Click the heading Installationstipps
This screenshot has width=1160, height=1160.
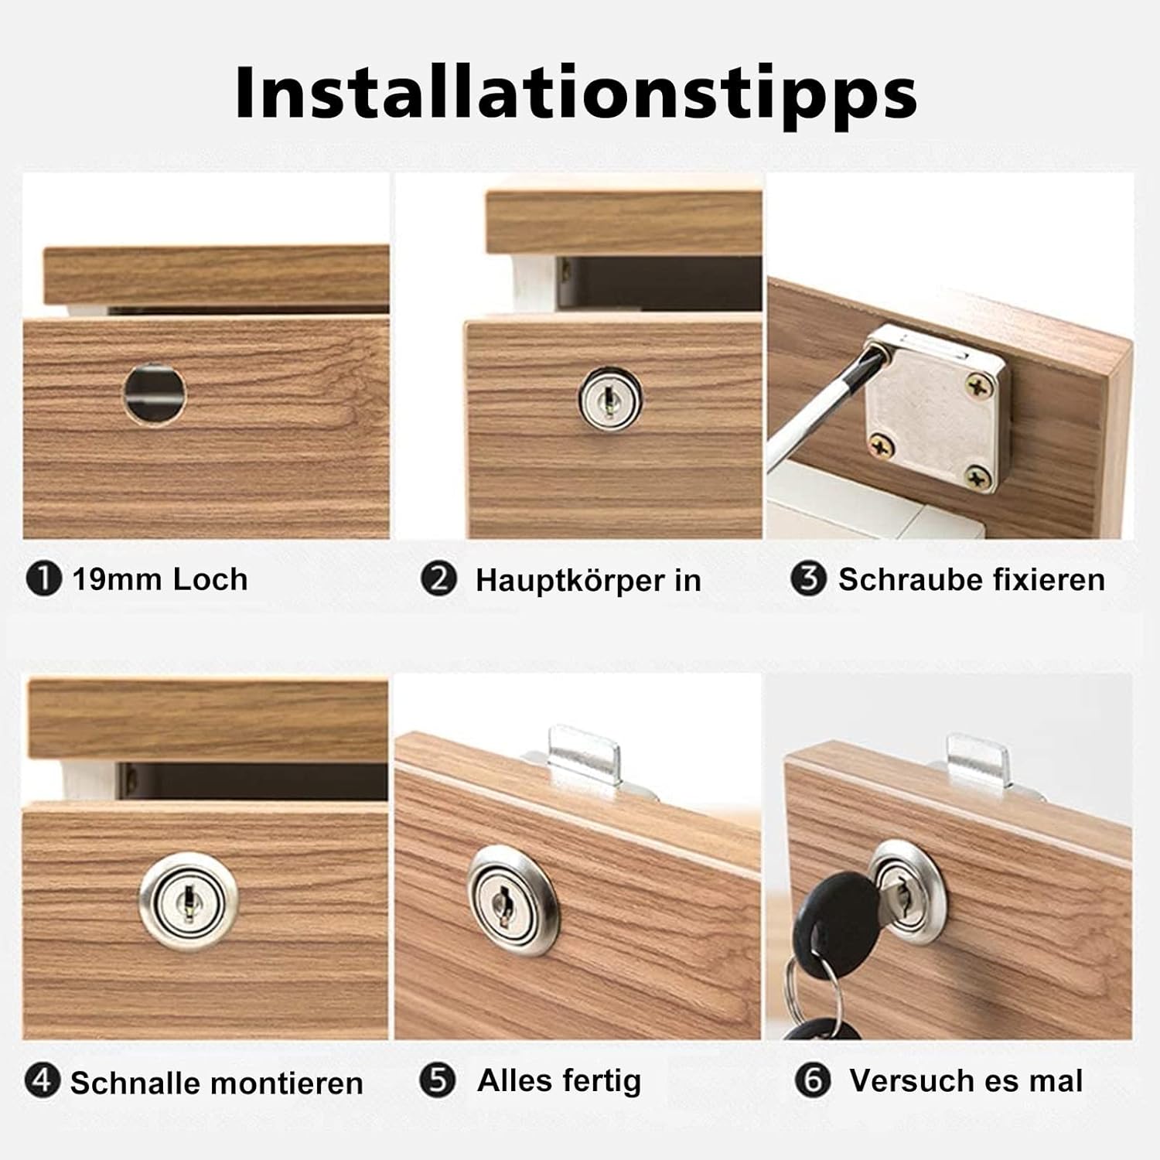tap(576, 94)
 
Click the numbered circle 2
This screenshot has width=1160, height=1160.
tap(438, 578)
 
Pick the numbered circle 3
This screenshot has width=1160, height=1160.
tap(809, 578)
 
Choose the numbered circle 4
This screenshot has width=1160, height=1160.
tap(42, 1080)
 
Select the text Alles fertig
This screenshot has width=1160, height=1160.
tap(559, 1080)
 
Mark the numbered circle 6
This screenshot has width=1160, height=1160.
tap(813, 1080)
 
